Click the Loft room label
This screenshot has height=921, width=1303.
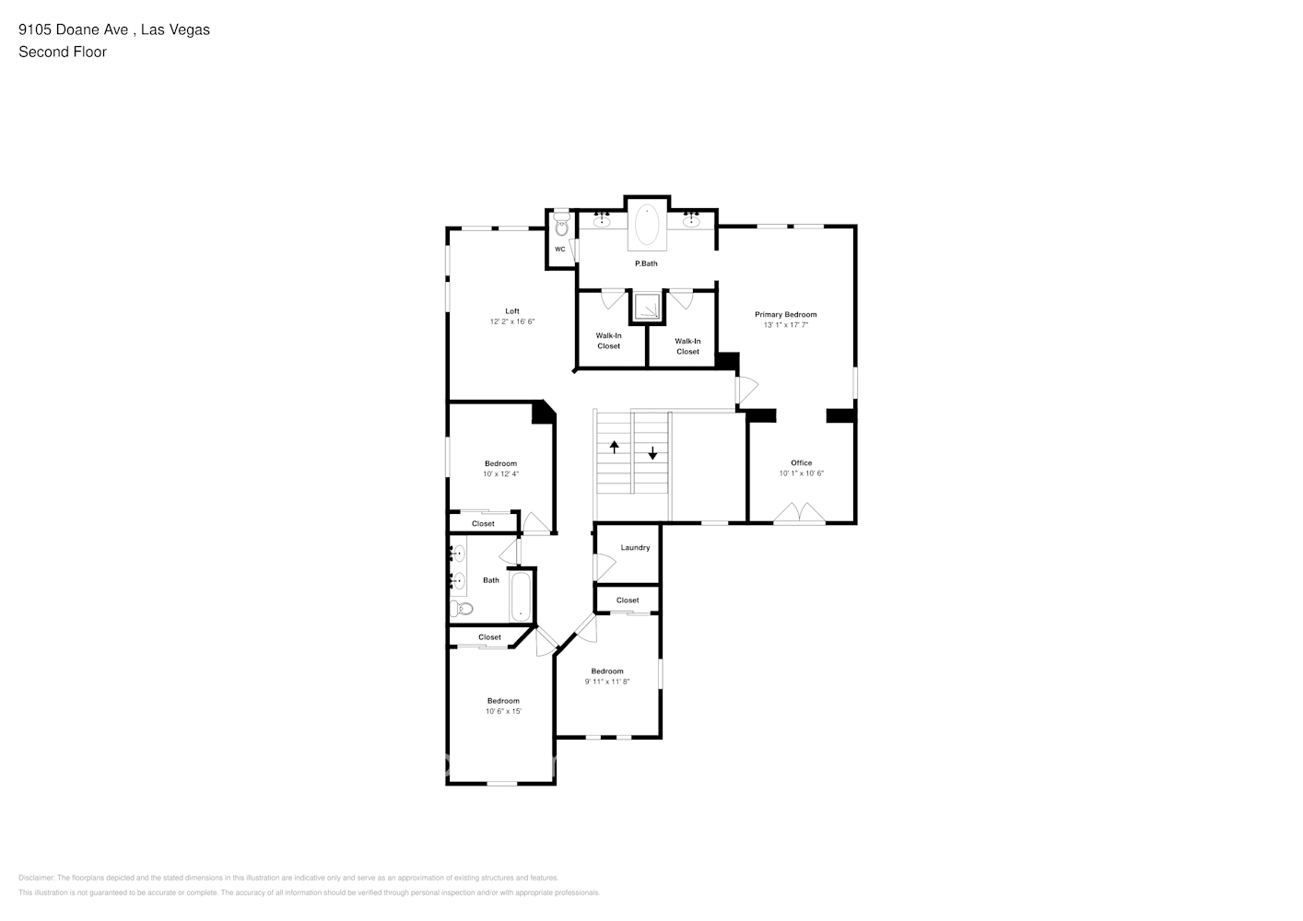511,311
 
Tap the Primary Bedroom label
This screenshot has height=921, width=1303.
785,315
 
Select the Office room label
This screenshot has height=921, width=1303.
801,463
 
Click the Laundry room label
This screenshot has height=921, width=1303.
635,548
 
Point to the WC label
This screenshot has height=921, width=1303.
559,250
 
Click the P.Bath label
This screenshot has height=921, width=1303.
646,264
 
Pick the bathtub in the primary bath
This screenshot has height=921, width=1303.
647,226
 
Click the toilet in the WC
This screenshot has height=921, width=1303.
561,227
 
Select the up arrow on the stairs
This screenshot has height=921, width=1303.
614,448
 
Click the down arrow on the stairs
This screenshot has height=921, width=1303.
652,453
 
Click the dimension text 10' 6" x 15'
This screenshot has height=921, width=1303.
503,712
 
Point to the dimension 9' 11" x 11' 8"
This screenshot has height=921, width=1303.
607,682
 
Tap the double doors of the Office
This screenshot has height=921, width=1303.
799,514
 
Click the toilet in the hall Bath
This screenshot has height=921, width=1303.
461,608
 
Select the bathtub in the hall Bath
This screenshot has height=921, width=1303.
521,596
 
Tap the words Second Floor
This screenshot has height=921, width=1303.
63,52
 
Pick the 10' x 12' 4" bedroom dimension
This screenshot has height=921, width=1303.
500,474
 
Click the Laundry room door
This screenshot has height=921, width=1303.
604,568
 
